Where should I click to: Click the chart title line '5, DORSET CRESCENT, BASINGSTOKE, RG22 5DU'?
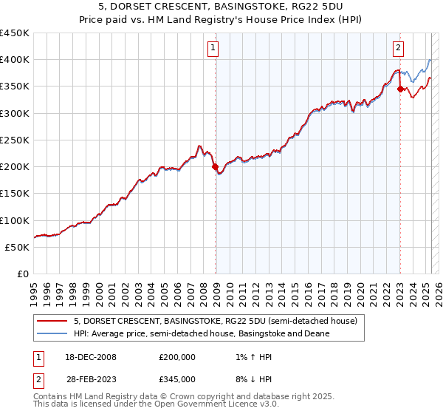pos(221,7)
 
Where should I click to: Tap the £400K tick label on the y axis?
pos(15,60)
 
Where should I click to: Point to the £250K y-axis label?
pos(15,140)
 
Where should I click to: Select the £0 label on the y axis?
pos(23,274)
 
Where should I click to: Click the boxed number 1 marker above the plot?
pos(213,49)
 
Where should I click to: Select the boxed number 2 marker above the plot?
pos(398,49)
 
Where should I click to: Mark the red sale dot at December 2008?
pos(216,167)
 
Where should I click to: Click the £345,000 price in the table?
pos(176,379)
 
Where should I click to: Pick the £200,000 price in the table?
pos(176,357)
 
